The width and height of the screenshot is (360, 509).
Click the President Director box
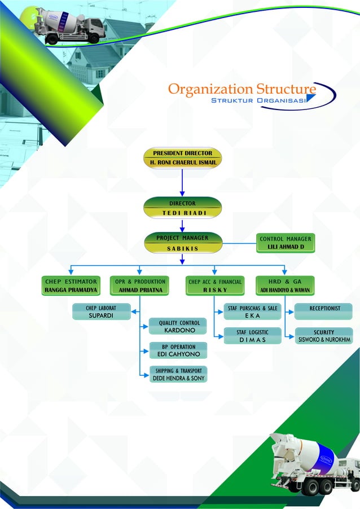[182, 157]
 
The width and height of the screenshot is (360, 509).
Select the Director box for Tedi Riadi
[182, 207]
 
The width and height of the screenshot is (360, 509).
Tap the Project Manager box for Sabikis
[182, 243]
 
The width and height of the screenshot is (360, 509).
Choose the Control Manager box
[286, 243]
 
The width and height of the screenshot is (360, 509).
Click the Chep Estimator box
[71, 286]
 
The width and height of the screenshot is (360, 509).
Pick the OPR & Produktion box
[140, 286]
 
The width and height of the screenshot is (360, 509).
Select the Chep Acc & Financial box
[215, 286]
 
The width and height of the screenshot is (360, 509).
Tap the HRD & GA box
[285, 286]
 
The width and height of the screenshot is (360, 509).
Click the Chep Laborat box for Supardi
[102, 312]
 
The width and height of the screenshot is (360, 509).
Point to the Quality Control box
[179, 326]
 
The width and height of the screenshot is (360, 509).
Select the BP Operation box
[178, 350]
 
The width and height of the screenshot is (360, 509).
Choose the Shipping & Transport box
[178, 375]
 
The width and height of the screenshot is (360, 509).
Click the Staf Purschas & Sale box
[252, 312]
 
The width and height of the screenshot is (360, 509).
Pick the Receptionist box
[324, 311]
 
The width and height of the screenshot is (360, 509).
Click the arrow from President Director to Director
[182, 182]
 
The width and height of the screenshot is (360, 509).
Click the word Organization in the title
[210, 89]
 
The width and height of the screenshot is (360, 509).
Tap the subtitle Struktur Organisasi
[258, 100]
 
